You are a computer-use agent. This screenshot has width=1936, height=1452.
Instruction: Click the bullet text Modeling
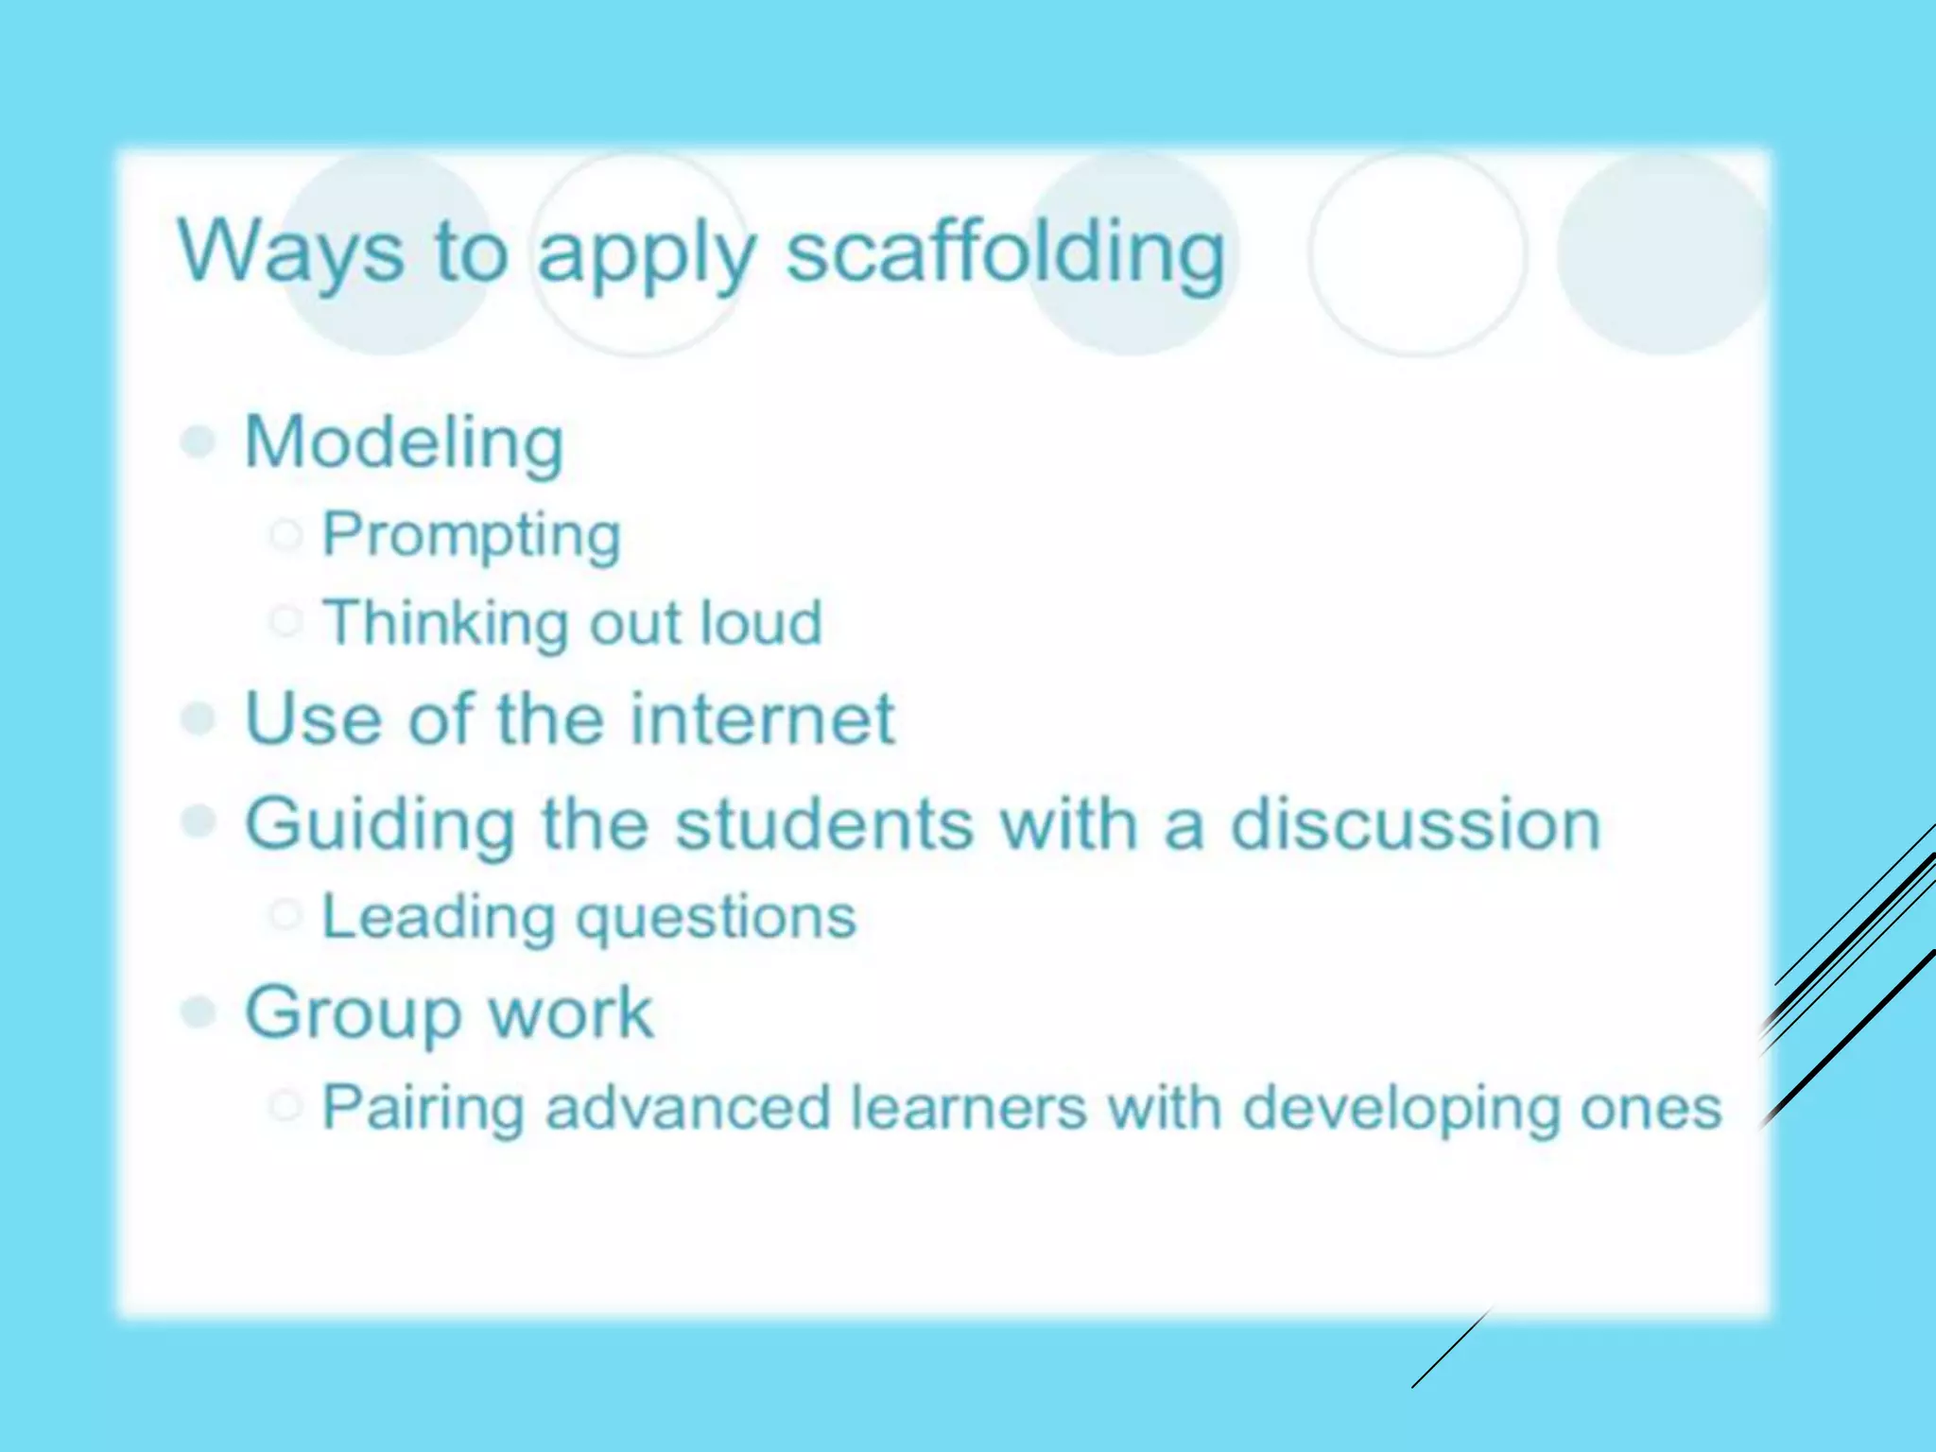(x=404, y=442)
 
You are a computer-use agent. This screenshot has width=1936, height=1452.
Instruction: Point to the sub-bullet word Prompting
(x=472, y=536)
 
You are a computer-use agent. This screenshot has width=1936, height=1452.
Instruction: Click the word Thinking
(x=441, y=624)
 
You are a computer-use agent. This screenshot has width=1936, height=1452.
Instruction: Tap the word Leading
(x=439, y=917)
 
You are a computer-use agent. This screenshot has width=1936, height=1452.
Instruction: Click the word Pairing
(x=423, y=1108)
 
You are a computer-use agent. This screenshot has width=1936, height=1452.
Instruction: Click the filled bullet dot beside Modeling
(x=199, y=441)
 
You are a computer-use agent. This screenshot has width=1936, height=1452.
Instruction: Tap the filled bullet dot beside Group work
(x=199, y=1012)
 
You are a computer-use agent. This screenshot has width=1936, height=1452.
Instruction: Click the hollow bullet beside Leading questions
(x=285, y=915)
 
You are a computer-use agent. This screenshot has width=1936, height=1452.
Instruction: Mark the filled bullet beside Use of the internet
(x=199, y=718)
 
